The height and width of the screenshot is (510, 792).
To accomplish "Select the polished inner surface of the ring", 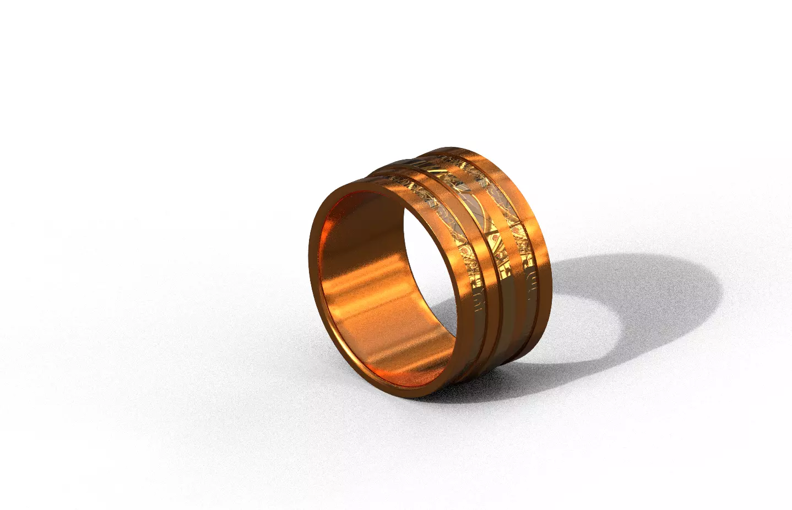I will tap(364, 308).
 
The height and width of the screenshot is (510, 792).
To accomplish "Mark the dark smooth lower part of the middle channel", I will tap(498, 330).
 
